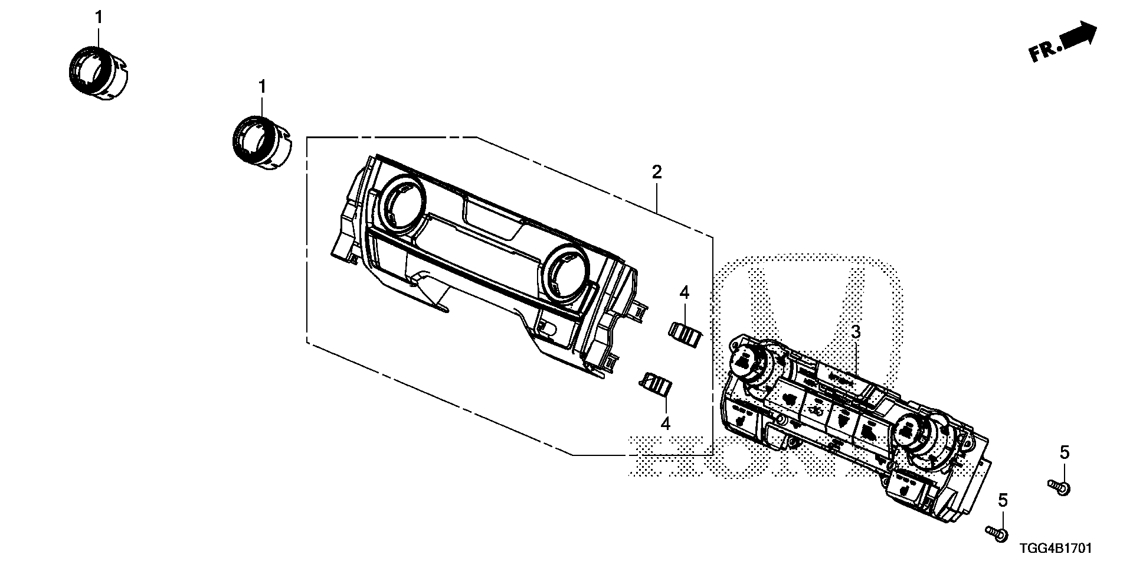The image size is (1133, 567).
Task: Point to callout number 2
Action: (657, 172)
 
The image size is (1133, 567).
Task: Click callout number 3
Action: (856, 333)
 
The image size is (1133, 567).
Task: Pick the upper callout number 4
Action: (684, 292)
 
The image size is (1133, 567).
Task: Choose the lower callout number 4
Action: (666, 423)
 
